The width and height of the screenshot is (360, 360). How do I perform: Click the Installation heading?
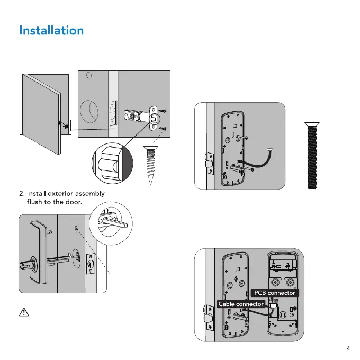[x=51, y=30]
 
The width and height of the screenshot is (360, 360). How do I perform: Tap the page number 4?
[x=348, y=348]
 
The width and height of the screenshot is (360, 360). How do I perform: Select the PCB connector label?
[x=274, y=293]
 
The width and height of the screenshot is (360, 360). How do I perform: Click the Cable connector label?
[x=241, y=304]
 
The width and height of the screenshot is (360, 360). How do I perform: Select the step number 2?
[x=21, y=192]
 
